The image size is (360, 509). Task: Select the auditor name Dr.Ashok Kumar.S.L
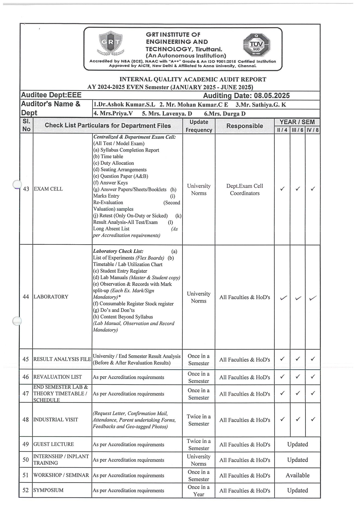tap(124, 105)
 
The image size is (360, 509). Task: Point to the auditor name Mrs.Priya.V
tap(113, 114)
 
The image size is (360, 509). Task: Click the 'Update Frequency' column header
tap(199, 126)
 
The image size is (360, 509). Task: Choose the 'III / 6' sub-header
tap(297, 130)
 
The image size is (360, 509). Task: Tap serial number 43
tap(26, 189)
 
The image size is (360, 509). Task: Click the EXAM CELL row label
tap(48, 189)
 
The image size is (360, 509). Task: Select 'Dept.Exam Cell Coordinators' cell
tap(244, 189)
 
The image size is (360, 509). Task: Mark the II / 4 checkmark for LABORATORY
tap(284, 298)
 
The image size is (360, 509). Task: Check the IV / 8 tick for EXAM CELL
tap(313, 189)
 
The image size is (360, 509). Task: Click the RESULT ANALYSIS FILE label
tap(62, 359)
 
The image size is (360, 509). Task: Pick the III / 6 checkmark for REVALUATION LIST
tap(298, 377)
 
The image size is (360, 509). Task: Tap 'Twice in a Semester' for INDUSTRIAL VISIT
tap(199, 420)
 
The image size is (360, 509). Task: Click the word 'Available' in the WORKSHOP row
tap(297, 475)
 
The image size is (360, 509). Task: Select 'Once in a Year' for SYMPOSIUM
tap(199, 490)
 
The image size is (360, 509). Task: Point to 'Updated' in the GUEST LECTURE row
tap(297, 444)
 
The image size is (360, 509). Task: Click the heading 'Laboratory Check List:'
tap(118, 251)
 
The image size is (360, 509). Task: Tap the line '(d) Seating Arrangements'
tap(120, 169)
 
